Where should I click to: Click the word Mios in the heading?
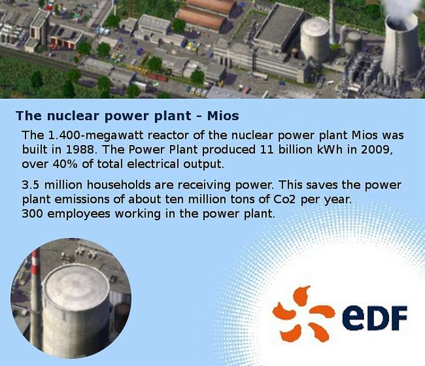tap(223, 116)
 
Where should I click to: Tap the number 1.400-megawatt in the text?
tap(96, 135)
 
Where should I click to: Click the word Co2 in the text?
tap(285, 200)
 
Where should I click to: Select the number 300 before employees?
tap(32, 214)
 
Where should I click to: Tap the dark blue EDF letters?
tap(375, 316)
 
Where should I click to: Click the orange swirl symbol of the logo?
tap(304, 314)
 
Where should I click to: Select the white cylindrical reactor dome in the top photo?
tap(314, 39)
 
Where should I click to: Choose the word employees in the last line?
tap(78, 214)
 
